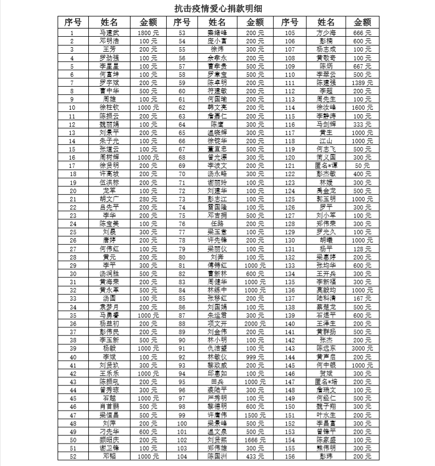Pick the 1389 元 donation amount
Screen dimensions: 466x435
pos(363,82)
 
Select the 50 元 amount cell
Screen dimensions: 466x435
pos(363,165)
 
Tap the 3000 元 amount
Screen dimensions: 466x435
pos(363,348)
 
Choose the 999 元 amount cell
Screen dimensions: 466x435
pos(255,356)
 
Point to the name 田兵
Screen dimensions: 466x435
pos(218,381)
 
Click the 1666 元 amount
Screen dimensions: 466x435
pos(255,439)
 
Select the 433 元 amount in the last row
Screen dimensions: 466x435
pos(255,456)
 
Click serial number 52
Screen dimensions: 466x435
pos(72,456)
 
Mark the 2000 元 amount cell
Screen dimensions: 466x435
pos(255,323)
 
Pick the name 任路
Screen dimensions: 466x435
pos(218,223)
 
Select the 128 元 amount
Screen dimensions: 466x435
pos(363,249)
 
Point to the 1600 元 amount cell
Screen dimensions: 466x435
pos(363,107)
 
